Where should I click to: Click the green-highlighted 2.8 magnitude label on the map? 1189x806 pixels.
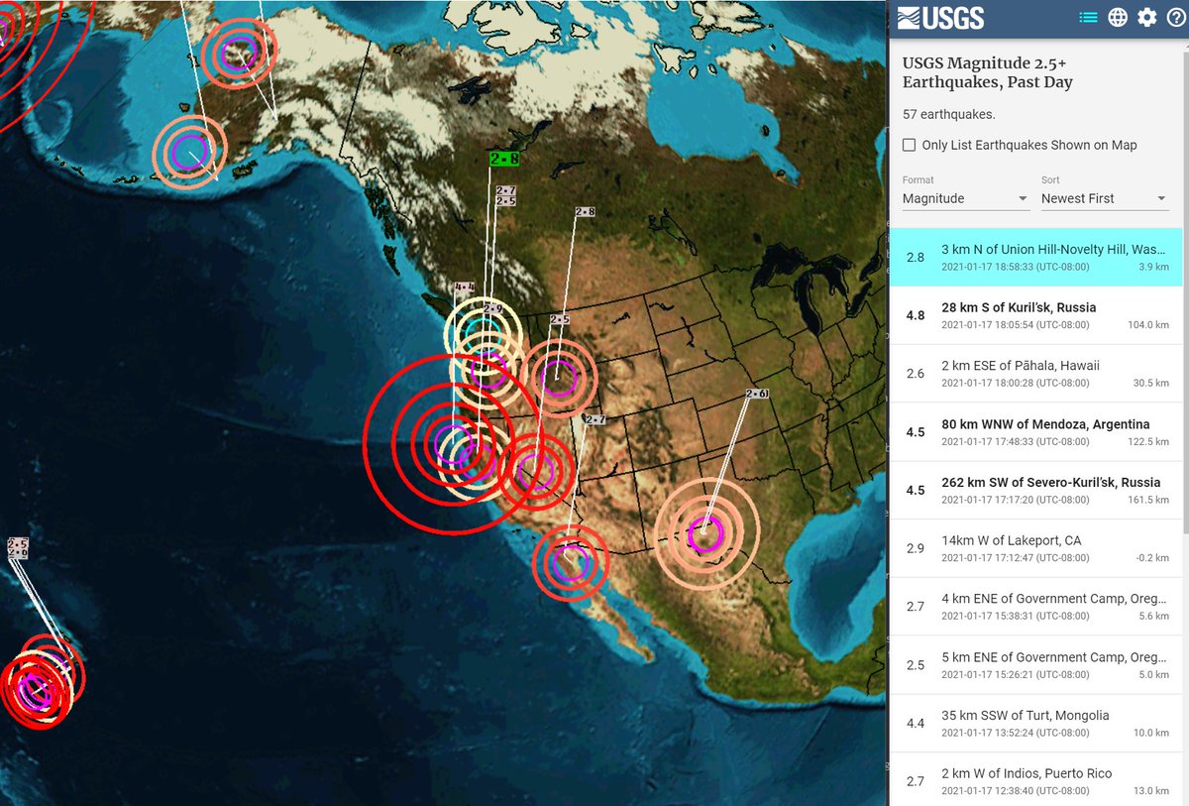coord(504,158)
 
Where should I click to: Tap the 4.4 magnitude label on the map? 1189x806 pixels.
coord(464,288)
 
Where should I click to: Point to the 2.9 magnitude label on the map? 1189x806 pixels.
coord(492,309)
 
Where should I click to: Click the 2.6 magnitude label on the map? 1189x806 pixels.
coord(757,394)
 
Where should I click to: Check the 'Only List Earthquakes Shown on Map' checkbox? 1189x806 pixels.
coord(909,145)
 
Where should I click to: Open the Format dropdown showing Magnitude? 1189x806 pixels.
coord(965,198)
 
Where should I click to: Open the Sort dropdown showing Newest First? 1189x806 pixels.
coord(1104,198)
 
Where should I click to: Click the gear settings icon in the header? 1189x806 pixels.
coord(1146,17)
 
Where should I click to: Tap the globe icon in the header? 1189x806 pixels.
coord(1118,17)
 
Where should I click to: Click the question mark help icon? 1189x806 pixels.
coord(1175,17)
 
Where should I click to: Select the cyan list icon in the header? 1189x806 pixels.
coord(1088,17)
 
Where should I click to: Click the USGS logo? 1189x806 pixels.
coord(940,17)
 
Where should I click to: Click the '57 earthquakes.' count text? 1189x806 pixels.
coord(948,115)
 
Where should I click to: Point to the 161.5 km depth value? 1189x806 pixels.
coord(1148,500)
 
